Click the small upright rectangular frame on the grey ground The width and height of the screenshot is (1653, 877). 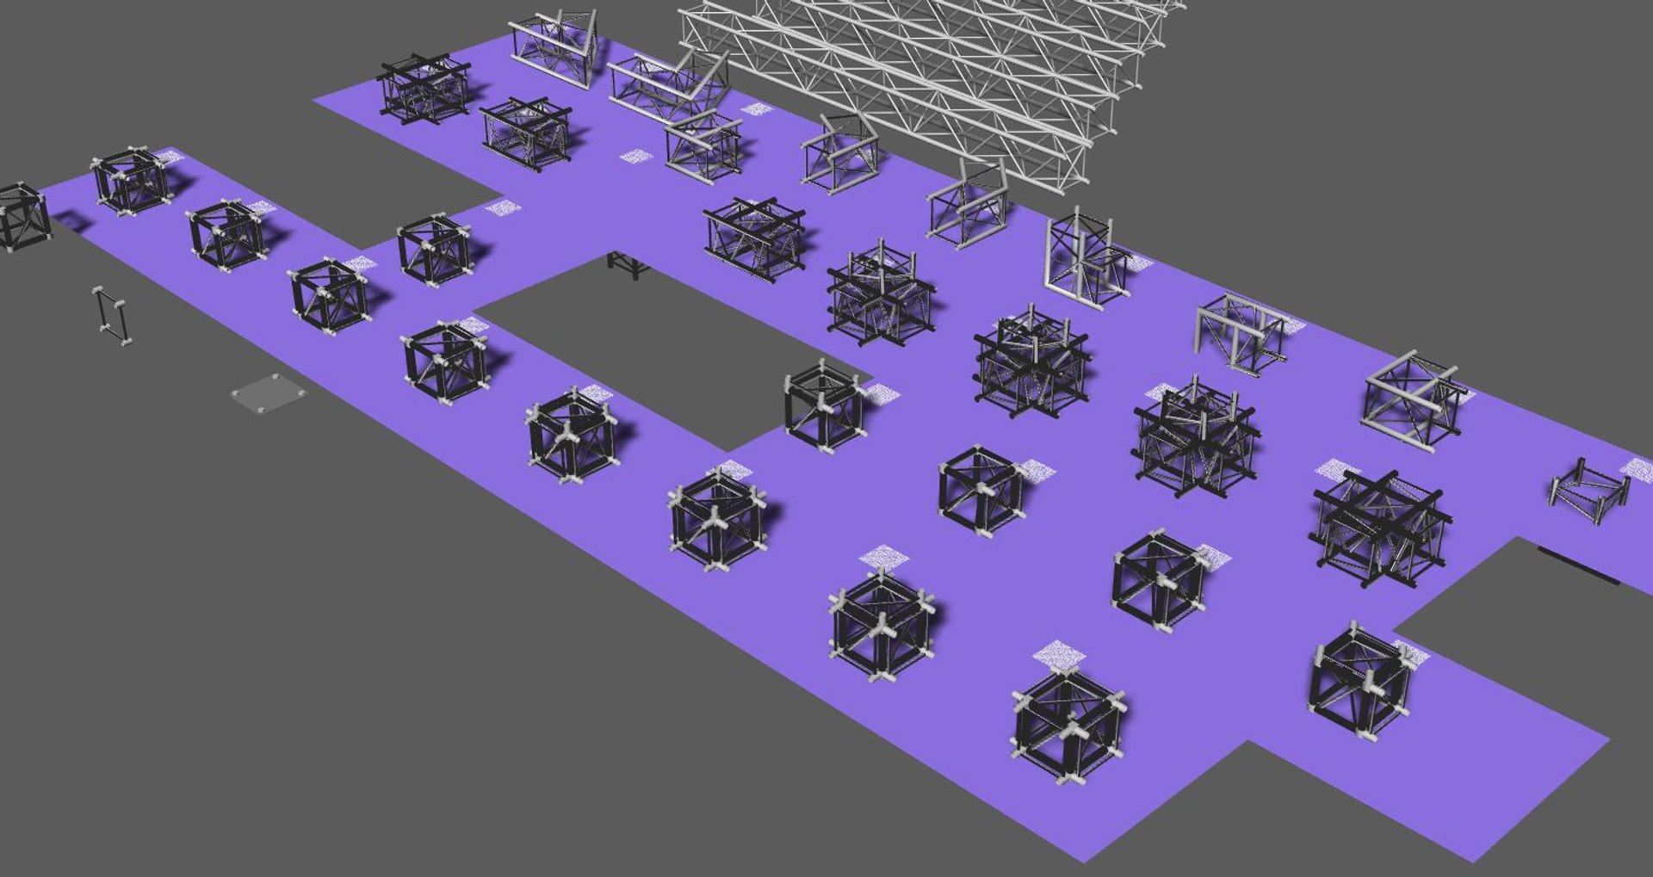coord(112,316)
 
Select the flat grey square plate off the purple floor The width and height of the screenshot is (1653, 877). coord(269,394)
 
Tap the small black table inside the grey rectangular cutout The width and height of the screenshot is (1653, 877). coord(628,264)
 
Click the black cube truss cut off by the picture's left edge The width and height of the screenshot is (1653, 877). coord(21,217)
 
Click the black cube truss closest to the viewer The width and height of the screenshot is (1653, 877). coord(1068,727)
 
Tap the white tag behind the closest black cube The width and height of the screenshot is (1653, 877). coord(1059,654)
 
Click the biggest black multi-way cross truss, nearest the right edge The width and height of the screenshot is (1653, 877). coord(1377,527)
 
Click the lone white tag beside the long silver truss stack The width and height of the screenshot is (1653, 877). coord(758,109)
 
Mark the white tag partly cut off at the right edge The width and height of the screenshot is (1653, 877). coord(1638,469)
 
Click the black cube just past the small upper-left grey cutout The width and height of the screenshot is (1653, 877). coord(435,250)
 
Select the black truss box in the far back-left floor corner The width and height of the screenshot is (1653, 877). coord(424,89)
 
